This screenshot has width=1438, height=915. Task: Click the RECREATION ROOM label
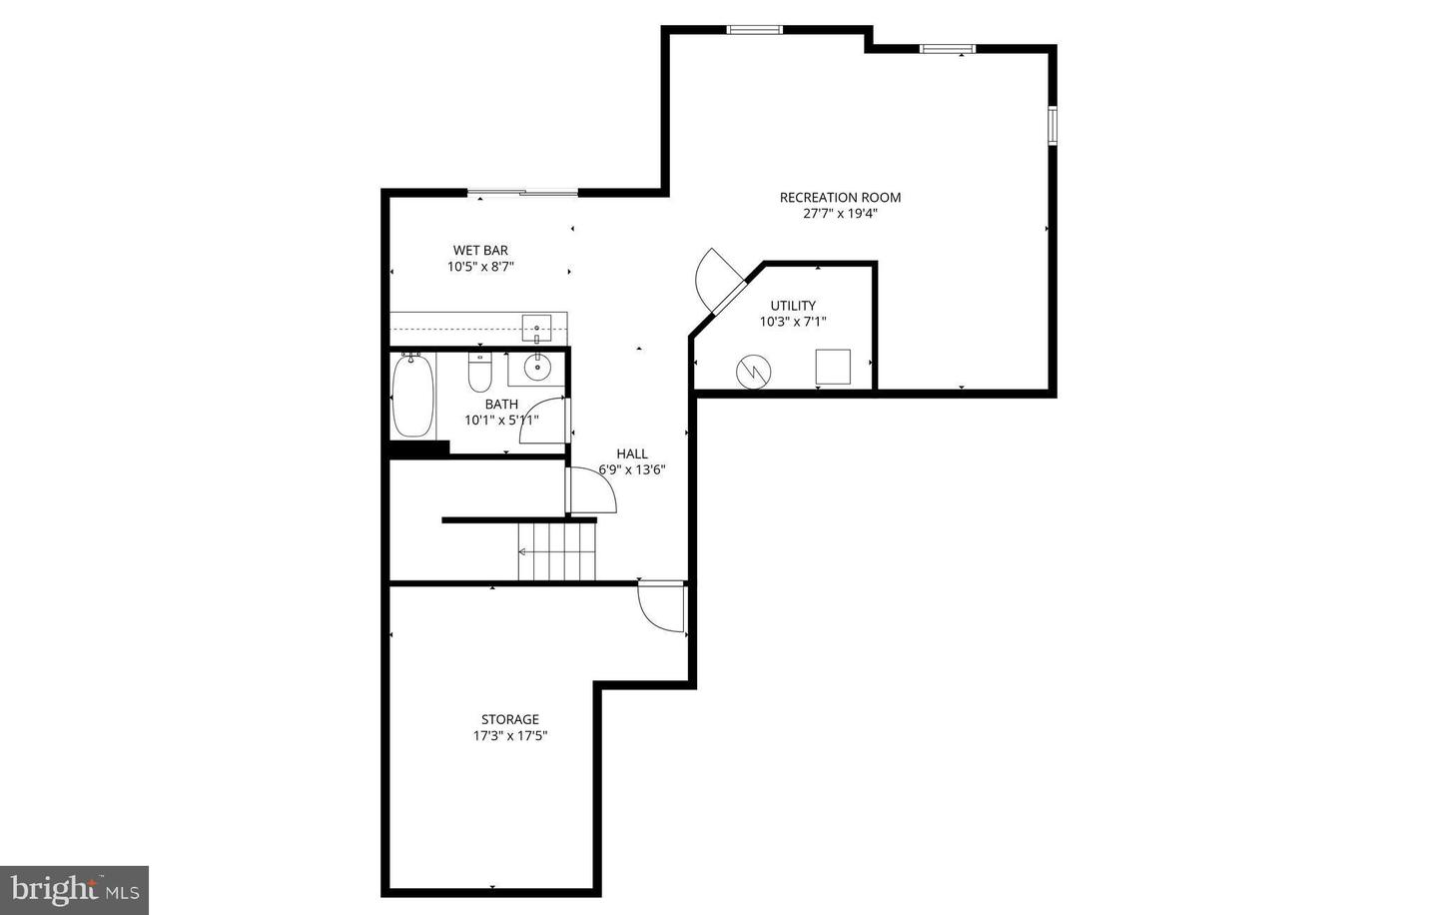coord(840,198)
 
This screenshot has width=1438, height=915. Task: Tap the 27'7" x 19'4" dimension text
coord(840,214)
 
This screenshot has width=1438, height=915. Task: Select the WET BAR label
coord(480,251)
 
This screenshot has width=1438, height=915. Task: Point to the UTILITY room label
coord(793,306)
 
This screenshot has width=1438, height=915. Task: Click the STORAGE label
coord(510,719)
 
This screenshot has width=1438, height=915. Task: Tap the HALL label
coord(632,454)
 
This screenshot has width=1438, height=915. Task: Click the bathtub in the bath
coord(412,396)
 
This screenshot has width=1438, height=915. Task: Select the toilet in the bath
coord(480,374)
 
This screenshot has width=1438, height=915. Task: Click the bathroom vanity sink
coord(538,367)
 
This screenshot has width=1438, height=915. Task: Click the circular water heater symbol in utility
coord(754,372)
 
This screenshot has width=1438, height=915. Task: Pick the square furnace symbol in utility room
coord(833,367)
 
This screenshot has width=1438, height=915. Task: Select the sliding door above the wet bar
coord(522,192)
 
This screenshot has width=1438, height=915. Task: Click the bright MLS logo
coord(74,888)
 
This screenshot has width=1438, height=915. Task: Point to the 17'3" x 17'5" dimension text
coord(510,736)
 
